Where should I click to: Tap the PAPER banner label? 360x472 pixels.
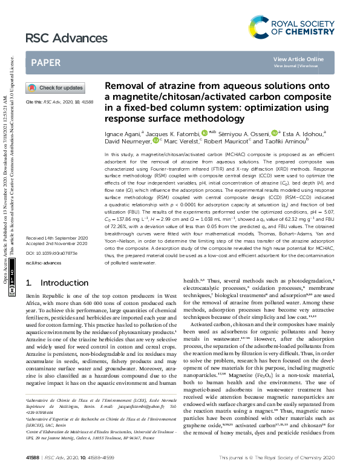(x=45, y=62)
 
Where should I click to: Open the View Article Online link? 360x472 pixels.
(x=298, y=59)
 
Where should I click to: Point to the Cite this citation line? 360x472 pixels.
(x=55, y=102)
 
